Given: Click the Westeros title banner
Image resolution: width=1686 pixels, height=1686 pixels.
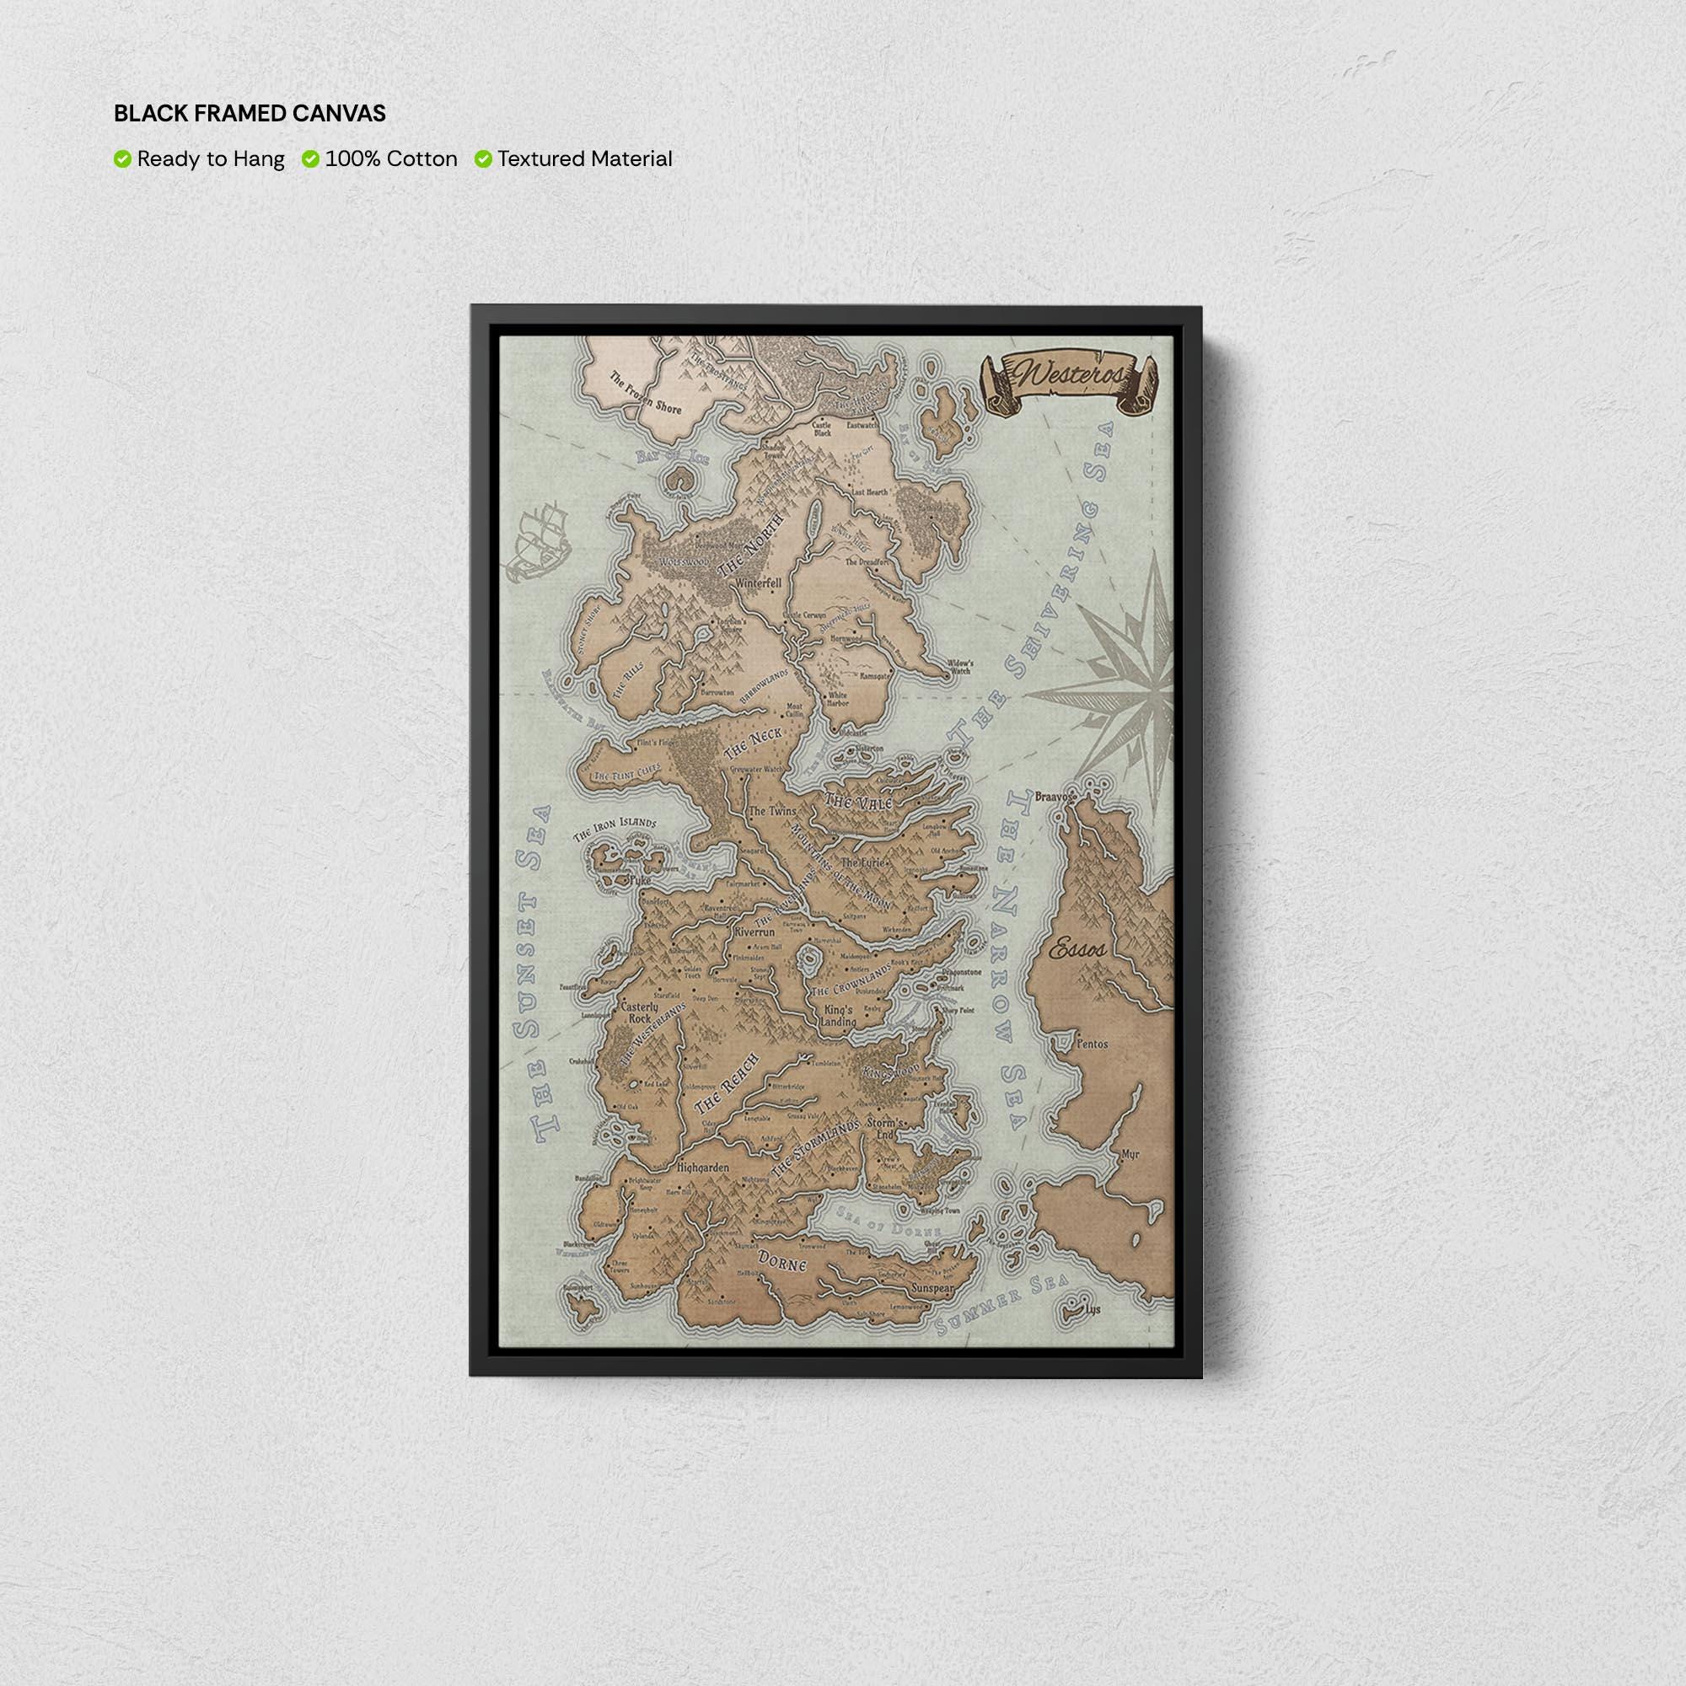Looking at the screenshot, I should click(x=1071, y=381).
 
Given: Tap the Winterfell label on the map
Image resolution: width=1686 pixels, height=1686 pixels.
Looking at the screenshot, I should click(x=760, y=582).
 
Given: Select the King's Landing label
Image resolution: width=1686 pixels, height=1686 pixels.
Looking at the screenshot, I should click(x=840, y=1016).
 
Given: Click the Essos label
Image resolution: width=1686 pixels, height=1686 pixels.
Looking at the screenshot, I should click(x=1077, y=948).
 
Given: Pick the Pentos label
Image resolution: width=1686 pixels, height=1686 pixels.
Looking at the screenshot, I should click(x=1092, y=1043).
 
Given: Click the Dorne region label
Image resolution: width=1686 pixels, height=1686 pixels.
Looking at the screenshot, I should click(x=781, y=1262).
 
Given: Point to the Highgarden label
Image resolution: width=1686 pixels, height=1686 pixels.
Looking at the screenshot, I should click(x=702, y=1167).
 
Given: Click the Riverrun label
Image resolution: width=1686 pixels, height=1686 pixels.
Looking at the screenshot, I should click(x=754, y=932).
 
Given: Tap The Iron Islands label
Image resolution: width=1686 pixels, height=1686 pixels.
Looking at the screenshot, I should click(x=615, y=828).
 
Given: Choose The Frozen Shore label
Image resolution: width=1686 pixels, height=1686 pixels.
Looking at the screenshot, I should click(x=645, y=394).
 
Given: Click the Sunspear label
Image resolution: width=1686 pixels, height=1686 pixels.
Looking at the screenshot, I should click(x=933, y=1287).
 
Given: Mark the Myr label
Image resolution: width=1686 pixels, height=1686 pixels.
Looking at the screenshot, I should click(x=1131, y=1154).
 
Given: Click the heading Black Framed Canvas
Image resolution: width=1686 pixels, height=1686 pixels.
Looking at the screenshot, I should click(x=250, y=114).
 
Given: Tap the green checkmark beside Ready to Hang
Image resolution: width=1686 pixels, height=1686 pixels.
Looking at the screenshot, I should click(x=122, y=158).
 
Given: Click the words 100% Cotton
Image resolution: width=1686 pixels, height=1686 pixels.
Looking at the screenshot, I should click(x=391, y=158).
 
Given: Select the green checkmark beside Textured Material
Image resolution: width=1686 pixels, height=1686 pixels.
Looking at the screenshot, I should click(x=483, y=158).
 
